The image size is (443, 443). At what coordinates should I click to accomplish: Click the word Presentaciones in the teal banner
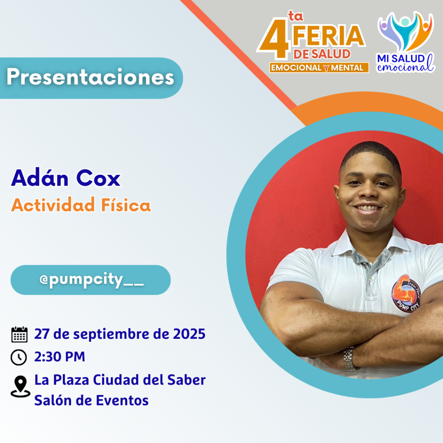90,77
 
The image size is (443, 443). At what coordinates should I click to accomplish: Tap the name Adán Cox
66,178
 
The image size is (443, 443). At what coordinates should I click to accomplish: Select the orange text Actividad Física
81,205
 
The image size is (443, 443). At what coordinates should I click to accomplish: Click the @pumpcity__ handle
92,280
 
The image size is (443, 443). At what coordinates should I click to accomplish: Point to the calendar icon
19,334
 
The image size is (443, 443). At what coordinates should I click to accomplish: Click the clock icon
19,357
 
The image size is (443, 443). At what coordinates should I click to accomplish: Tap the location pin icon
20,386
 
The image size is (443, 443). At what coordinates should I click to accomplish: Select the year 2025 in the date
189,334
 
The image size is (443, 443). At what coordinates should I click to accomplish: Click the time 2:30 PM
60,356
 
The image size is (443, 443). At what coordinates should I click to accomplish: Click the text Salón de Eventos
91,400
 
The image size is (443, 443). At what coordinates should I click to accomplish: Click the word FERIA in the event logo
328,35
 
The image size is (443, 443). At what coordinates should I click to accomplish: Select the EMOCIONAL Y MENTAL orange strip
319,68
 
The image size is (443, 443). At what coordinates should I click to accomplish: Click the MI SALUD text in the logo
401,58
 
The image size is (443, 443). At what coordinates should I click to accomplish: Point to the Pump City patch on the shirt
406,294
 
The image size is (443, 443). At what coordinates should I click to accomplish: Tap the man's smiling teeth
366,208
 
